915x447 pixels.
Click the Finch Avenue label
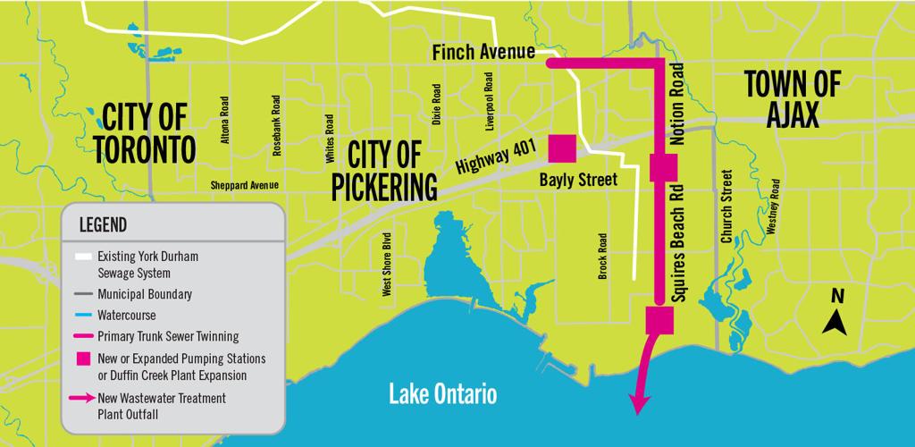tap(483, 53)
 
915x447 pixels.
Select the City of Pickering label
tap(385, 172)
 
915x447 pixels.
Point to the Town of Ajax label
tap(792, 99)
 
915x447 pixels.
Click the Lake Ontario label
tap(442, 394)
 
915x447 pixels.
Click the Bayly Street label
tap(578, 180)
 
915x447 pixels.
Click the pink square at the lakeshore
tap(659, 318)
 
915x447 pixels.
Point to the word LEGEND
tap(103, 223)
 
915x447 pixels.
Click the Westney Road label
tap(775, 207)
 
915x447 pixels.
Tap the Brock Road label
tap(603, 257)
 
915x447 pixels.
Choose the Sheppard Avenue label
tap(244, 186)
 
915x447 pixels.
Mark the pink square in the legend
tap(82, 358)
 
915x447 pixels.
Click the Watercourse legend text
tap(127, 315)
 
